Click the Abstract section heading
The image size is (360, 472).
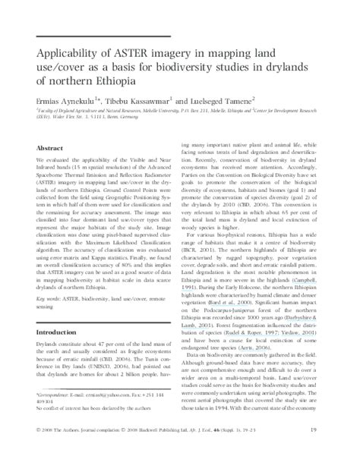click(50, 149)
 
